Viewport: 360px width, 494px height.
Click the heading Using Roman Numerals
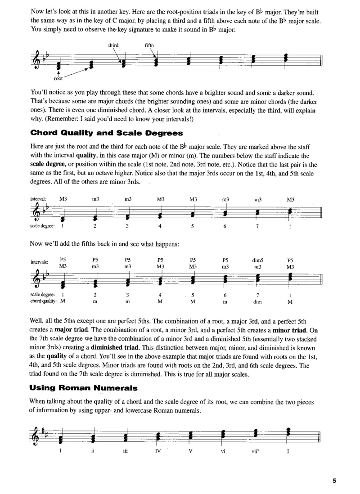click(84, 387)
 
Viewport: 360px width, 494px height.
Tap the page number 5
click(335, 481)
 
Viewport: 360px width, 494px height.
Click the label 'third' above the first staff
click(113, 45)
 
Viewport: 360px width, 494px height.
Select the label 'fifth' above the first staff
click(149, 45)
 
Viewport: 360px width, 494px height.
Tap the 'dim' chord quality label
click(257, 302)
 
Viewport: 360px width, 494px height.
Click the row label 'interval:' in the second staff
click(38, 198)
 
